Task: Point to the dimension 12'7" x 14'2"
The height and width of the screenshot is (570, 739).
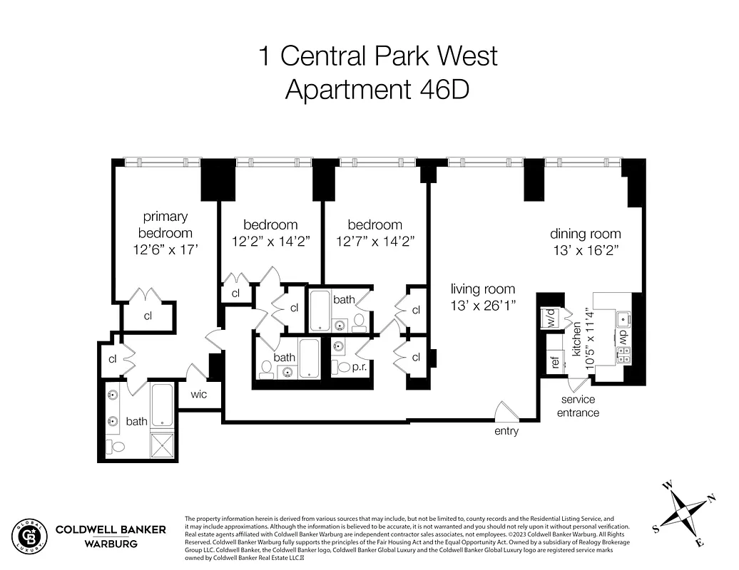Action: point(375,242)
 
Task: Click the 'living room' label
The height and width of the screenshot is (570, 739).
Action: point(482,289)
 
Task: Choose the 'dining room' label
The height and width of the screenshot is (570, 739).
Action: point(585,234)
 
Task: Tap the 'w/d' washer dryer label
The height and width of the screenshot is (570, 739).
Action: point(550,318)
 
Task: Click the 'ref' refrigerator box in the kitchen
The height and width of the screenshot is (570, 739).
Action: point(554,362)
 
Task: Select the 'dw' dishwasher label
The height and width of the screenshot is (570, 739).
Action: point(623,336)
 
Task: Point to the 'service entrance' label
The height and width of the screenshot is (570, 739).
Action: point(578,406)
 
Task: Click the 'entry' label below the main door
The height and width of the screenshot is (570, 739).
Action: point(506,431)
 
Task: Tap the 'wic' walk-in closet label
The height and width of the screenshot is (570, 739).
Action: point(198,394)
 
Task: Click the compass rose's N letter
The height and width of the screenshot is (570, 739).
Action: point(710,498)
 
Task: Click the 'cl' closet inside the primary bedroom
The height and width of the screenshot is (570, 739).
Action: point(148,316)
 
